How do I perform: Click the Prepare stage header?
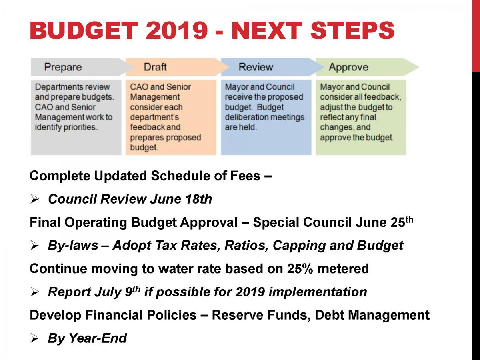(x=63, y=67)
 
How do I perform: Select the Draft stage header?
(x=155, y=67)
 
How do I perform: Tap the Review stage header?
(x=256, y=67)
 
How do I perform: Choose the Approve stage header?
(x=348, y=67)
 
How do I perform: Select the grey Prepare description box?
(x=76, y=117)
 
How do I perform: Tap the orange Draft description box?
(x=171, y=117)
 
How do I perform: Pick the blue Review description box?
(x=266, y=117)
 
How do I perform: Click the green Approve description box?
(x=361, y=117)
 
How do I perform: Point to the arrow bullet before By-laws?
(x=34, y=246)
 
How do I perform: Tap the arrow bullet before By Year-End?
(x=34, y=339)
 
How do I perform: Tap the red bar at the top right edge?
(x=476, y=36)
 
